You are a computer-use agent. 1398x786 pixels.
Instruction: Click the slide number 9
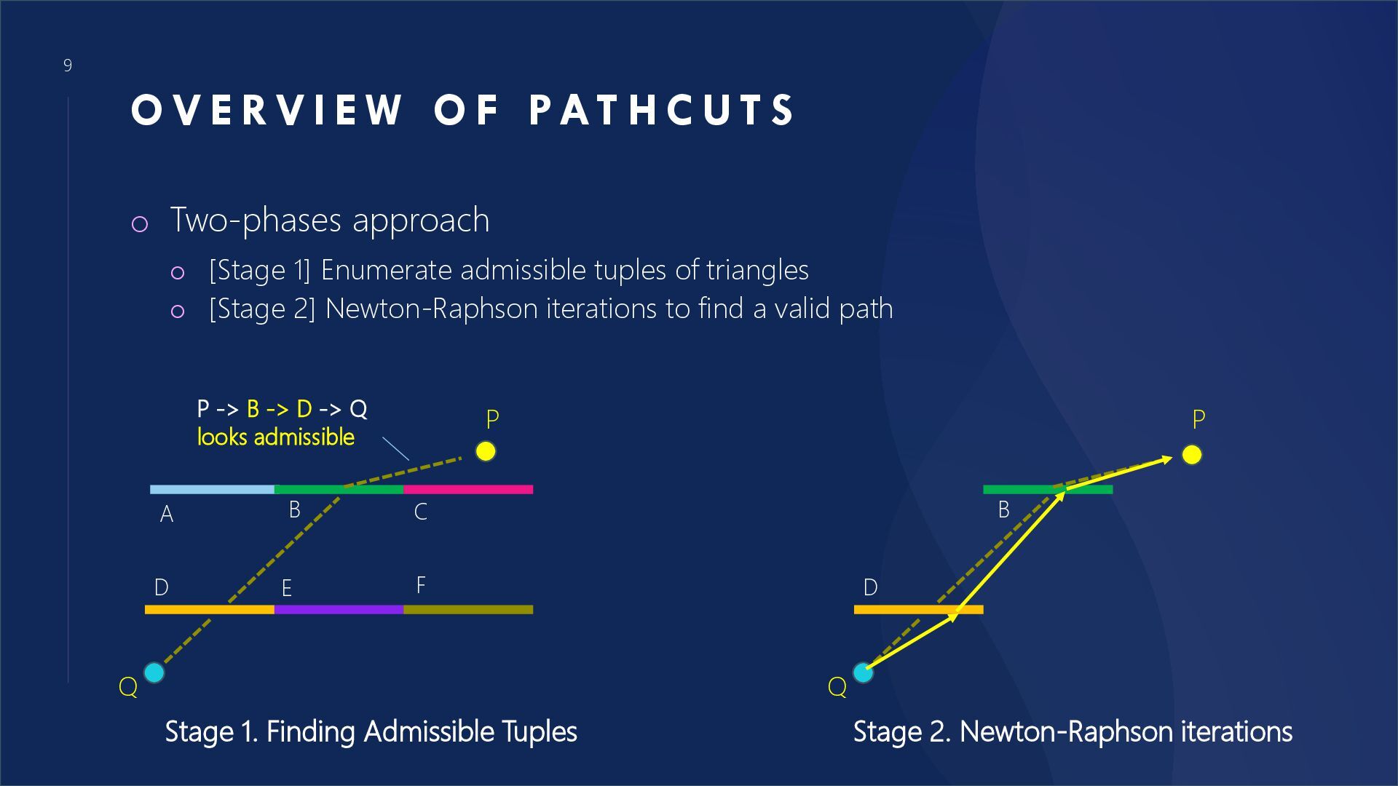click(x=68, y=65)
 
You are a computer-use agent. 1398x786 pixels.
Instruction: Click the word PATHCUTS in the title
click(x=662, y=111)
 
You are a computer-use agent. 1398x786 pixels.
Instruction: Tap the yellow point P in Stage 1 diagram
click(x=486, y=451)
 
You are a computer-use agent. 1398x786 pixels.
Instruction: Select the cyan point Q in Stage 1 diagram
click(x=154, y=672)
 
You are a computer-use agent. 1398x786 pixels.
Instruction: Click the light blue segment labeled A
click(x=211, y=490)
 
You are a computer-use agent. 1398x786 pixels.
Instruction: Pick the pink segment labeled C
click(x=468, y=490)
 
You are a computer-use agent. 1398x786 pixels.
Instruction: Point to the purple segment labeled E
click(x=339, y=610)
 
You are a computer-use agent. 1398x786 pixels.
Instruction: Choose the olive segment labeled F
click(x=468, y=610)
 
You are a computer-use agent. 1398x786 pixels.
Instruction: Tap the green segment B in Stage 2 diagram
click(x=1019, y=490)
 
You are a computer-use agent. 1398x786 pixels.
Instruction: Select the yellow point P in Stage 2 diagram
click(x=1192, y=455)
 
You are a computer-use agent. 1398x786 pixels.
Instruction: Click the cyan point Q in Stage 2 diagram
click(x=863, y=672)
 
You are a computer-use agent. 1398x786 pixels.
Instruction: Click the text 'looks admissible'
click(x=276, y=437)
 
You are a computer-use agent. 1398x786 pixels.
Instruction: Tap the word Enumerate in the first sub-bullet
click(x=387, y=270)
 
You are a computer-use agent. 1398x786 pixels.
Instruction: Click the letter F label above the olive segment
click(x=421, y=585)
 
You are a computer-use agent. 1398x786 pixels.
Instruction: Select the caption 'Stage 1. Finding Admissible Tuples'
click(x=371, y=731)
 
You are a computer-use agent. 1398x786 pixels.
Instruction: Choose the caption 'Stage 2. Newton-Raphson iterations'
click(x=1073, y=731)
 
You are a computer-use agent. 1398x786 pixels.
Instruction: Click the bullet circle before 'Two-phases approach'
click(x=139, y=224)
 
